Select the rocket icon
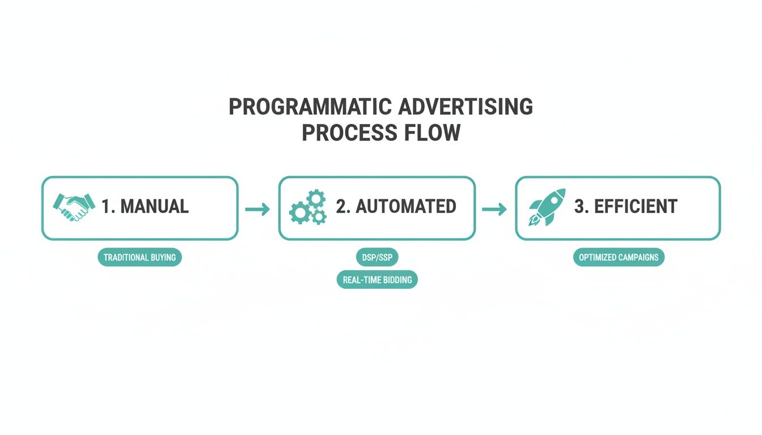547,207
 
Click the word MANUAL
154,206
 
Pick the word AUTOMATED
405,206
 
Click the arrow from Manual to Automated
257,210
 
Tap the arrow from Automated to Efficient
494,210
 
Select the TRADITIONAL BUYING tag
140,257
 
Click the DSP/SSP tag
376,257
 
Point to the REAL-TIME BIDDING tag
376,279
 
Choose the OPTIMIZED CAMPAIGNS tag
618,257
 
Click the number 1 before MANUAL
106,206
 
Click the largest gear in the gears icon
299,213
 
